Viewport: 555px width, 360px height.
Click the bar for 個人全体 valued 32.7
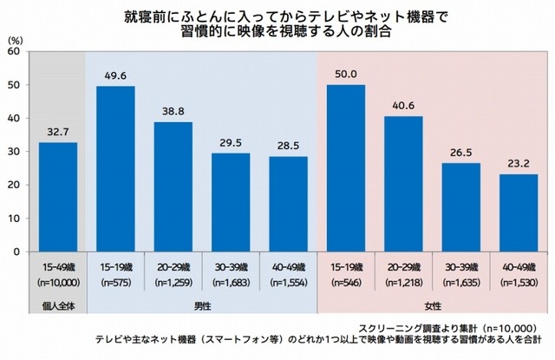pyautogui.click(x=58, y=197)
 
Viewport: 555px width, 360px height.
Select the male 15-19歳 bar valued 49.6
pyautogui.click(x=115, y=168)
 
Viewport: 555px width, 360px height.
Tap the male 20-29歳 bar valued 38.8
pyautogui.click(x=173, y=187)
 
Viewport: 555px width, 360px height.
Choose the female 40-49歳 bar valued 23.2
pyautogui.click(x=518, y=213)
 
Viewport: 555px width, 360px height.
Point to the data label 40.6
pyautogui.click(x=403, y=107)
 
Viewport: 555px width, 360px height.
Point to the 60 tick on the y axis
pyautogui.click(x=13, y=51)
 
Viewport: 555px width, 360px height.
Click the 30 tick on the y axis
pyautogui.click(x=13, y=152)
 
